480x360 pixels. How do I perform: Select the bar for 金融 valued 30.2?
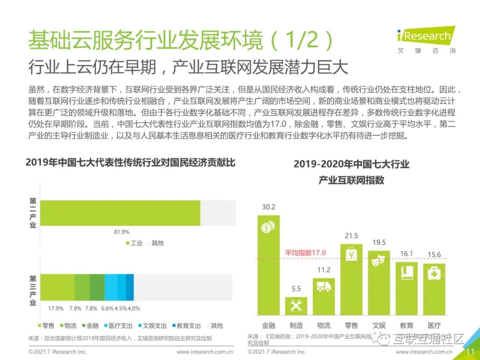268,271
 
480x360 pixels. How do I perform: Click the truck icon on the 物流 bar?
324,287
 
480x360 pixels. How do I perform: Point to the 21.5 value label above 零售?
351,236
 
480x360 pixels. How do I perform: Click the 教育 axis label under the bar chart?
406,325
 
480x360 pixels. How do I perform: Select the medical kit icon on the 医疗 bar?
434,273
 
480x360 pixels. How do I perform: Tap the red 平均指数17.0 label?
305,253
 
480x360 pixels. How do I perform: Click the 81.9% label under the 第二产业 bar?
121,232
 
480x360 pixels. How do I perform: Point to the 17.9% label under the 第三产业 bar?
56,308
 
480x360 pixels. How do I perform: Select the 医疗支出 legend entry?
117,326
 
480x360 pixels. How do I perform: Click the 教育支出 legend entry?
185,326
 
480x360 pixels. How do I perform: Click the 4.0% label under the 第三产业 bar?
134,308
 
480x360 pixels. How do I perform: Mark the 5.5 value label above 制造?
296,289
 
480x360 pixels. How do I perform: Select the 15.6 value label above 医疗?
434,255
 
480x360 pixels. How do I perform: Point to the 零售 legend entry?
45,326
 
